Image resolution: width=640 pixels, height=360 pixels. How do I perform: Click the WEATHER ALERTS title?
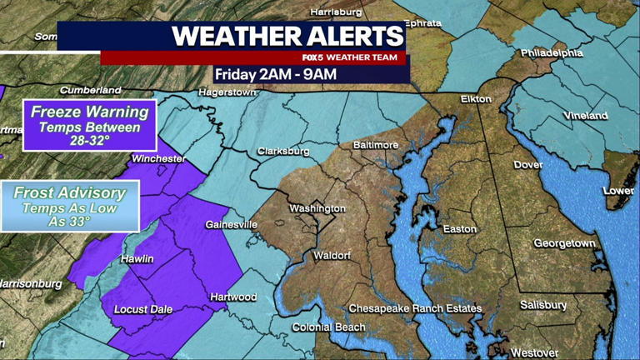click(x=287, y=37)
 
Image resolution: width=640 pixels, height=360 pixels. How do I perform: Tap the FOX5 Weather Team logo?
click(x=350, y=57)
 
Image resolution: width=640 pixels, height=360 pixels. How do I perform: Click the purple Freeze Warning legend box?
click(x=89, y=125)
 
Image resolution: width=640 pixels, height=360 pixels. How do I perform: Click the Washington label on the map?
click(x=317, y=207)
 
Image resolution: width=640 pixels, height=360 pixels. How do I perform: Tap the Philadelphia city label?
click(x=552, y=52)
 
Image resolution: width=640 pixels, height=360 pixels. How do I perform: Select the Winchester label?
click(x=157, y=157)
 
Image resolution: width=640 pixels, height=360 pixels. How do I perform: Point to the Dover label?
click(x=527, y=165)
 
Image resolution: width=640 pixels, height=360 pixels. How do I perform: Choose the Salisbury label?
click(x=543, y=305)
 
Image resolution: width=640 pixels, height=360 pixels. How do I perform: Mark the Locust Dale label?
click(x=142, y=309)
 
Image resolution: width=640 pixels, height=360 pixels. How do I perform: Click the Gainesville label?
click(x=231, y=225)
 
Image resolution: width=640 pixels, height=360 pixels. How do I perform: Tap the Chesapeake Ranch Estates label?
click(x=415, y=309)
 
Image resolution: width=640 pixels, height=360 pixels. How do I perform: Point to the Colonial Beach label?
click(x=328, y=327)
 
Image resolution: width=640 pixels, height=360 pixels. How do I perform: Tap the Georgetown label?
click(x=564, y=243)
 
